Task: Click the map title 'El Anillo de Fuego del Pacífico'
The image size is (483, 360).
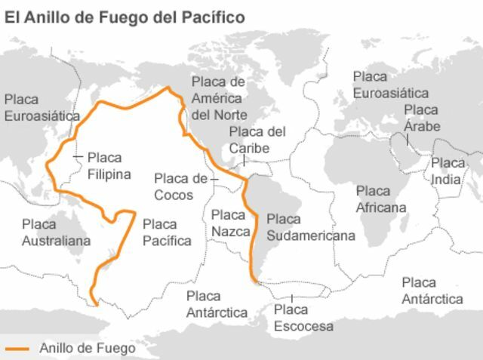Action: point(125,17)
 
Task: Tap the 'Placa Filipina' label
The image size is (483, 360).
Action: point(109,166)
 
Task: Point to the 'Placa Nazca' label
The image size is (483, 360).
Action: point(230,223)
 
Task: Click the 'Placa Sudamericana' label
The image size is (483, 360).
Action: point(310,227)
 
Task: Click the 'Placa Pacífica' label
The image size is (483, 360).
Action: point(167,232)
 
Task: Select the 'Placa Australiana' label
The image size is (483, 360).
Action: point(56,232)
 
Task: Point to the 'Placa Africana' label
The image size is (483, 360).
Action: point(380,199)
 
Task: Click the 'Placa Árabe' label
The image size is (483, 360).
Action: point(421,118)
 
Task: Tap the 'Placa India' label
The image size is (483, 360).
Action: point(448,171)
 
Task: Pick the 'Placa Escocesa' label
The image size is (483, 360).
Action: point(303,318)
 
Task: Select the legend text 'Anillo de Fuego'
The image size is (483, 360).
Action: point(87,348)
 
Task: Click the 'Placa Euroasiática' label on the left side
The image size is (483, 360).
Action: point(42,108)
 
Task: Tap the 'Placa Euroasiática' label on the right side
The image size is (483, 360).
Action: point(390,85)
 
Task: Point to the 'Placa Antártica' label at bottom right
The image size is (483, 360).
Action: point(432,291)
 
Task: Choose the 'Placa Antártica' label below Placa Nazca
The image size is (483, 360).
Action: point(217,304)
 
